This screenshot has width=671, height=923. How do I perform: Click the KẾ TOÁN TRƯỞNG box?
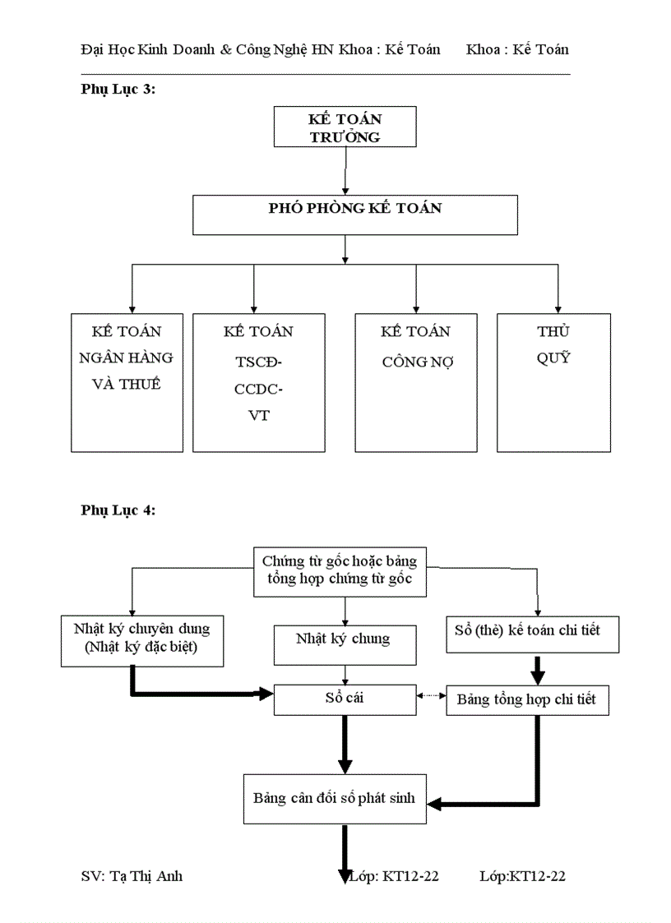coord(345,127)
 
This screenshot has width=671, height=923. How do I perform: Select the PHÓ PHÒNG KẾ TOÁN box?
coord(354,215)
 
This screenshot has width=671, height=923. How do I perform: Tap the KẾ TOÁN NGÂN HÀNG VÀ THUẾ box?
coord(127,382)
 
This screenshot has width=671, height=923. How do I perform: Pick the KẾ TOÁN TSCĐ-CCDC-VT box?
coord(257,382)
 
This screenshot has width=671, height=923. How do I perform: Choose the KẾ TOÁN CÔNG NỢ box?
coord(415,382)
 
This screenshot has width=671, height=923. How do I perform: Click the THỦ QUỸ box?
coord(553,382)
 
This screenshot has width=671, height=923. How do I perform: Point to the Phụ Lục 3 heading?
coord(118,90)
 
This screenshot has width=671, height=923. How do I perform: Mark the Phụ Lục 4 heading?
coord(118,510)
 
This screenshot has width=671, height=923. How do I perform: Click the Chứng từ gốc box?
coord(340,573)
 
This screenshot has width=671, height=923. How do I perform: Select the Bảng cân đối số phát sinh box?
coord(335,798)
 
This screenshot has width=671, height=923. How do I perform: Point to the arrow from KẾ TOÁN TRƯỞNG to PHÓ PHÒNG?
coord(345,171)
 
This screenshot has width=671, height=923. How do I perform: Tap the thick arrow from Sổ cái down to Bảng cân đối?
coord(345,744)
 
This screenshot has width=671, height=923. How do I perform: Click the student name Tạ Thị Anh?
coord(132,876)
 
